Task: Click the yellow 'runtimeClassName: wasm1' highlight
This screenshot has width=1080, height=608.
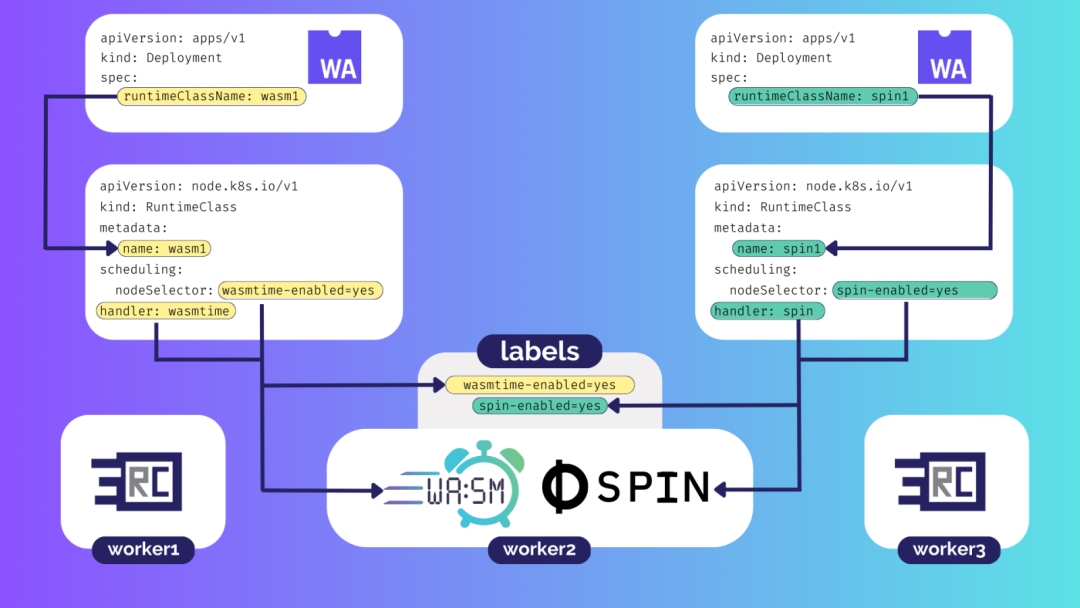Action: coord(213,97)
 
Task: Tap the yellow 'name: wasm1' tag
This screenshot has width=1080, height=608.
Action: coord(165,248)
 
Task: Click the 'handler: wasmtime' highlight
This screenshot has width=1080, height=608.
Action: coord(165,311)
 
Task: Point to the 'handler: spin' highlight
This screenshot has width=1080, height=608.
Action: coord(768,311)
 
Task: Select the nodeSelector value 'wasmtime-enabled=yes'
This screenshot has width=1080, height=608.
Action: coord(301,290)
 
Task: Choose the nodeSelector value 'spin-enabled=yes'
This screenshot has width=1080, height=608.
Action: coord(914,290)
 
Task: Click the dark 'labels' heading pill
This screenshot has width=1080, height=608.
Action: coord(539,351)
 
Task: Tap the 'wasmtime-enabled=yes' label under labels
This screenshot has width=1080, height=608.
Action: coord(539,384)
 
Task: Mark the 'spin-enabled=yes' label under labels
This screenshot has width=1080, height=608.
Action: coord(539,405)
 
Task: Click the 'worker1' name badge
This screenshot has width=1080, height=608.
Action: coord(143,549)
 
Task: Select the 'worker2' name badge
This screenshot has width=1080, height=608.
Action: coord(539,549)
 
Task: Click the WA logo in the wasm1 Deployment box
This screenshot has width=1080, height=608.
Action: coord(334,57)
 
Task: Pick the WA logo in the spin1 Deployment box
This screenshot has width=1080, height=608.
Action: coord(944,57)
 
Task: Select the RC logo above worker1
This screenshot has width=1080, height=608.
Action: coord(137,483)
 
